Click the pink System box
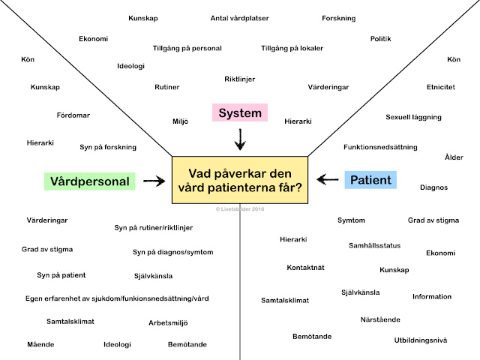(240, 113)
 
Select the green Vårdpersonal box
(90, 181)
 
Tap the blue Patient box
(370, 180)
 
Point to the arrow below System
(240, 139)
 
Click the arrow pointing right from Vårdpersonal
(154, 181)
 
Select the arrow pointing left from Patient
(327, 179)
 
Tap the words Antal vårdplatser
(240, 17)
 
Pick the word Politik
(381, 38)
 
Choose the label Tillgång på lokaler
(292, 48)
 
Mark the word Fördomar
(73, 115)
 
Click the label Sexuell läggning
(413, 117)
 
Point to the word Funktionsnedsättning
(380, 147)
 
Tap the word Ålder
(454, 157)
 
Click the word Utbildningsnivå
(421, 340)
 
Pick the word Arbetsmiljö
(168, 322)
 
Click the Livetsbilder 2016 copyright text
(240, 211)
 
